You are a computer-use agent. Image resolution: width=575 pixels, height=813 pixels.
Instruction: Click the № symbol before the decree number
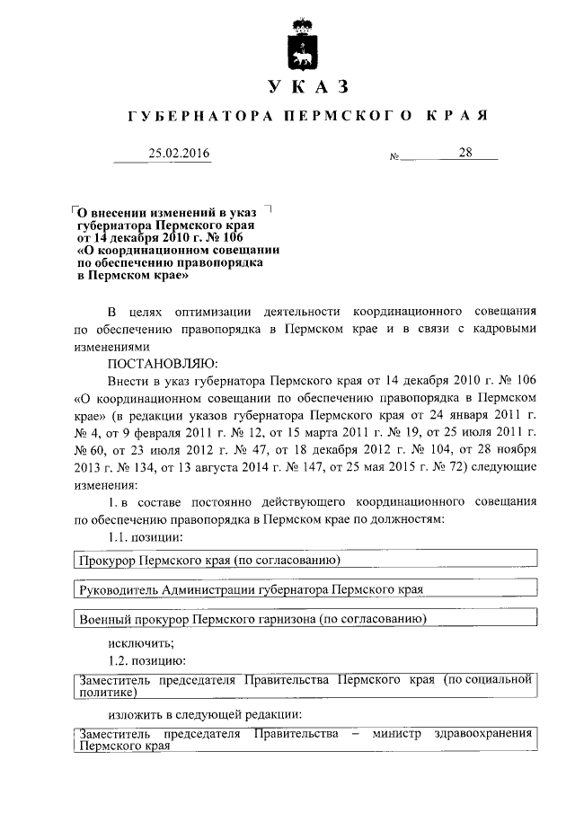tap(394, 158)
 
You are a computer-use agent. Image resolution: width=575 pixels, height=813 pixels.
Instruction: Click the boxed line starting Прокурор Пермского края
tap(208, 561)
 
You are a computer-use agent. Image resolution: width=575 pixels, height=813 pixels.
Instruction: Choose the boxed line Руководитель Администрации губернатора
tap(251, 589)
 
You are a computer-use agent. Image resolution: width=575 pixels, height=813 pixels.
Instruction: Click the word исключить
tap(140, 642)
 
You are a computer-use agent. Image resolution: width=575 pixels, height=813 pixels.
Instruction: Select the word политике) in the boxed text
tap(107, 693)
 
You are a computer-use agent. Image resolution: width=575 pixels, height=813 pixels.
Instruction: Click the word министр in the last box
tap(400, 734)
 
